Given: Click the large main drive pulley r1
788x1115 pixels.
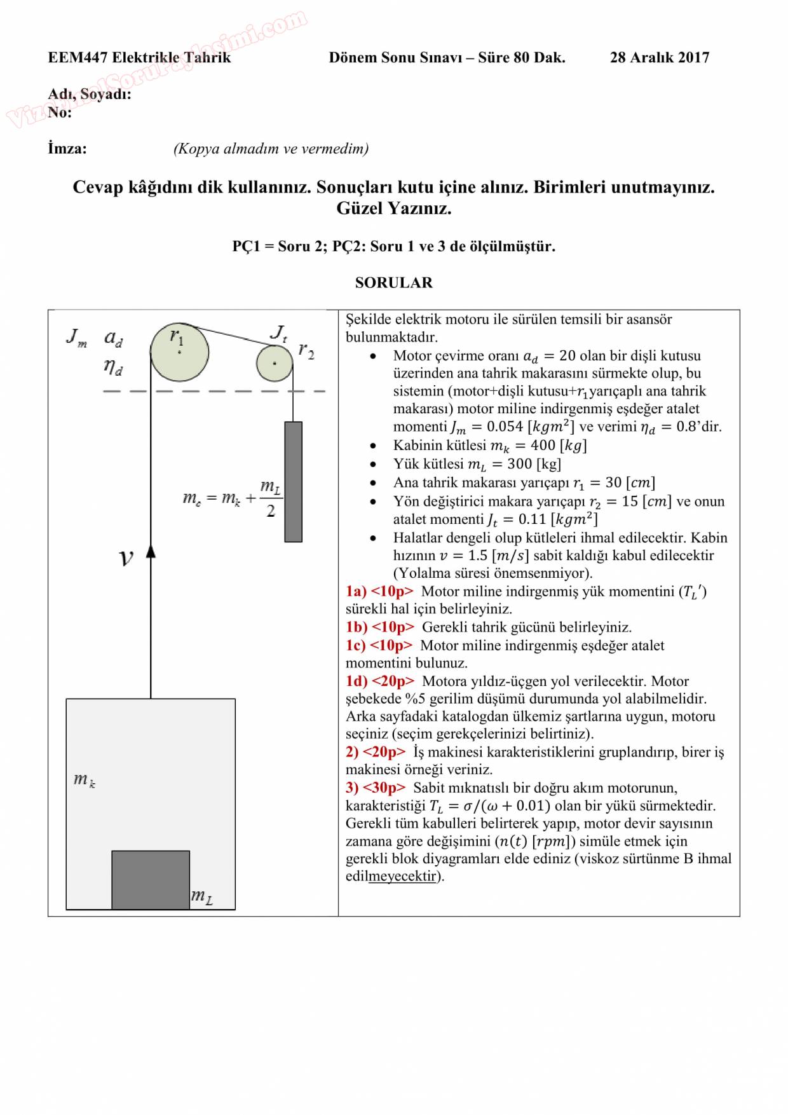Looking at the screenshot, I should click(179, 352).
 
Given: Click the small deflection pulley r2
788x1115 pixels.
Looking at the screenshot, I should click(275, 364).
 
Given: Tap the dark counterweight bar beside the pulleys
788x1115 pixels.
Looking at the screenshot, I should click(293, 481).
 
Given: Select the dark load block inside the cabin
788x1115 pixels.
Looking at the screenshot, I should click(151, 880).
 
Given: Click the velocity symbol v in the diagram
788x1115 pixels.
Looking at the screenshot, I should click(126, 558).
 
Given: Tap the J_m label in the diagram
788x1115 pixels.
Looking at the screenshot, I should click(76, 337).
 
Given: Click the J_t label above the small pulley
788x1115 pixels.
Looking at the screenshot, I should click(278, 332).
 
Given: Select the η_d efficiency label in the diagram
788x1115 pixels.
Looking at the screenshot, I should click(113, 367).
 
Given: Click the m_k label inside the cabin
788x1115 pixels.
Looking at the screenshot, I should click(84, 780).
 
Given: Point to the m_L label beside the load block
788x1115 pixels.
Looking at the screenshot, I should click(201, 897).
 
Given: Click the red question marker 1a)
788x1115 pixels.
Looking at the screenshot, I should click(356, 592).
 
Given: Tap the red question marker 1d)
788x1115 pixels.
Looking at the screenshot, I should click(357, 681).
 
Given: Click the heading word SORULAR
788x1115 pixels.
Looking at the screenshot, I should click(393, 283).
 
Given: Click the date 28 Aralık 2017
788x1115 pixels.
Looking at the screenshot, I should click(659, 58).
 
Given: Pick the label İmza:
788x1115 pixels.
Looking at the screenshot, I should click(67, 149).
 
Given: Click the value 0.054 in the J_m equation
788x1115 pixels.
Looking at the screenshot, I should click(505, 427).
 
